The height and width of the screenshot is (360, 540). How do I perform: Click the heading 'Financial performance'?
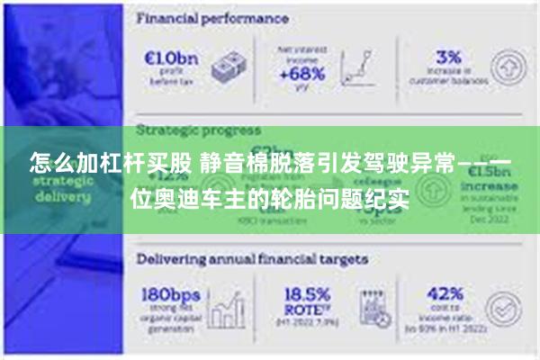(x=212, y=18)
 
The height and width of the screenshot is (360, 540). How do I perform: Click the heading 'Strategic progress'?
(x=199, y=130)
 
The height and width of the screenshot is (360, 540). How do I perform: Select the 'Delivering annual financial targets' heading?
(x=252, y=258)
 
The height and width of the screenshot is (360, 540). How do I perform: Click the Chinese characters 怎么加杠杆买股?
(x=109, y=164)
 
